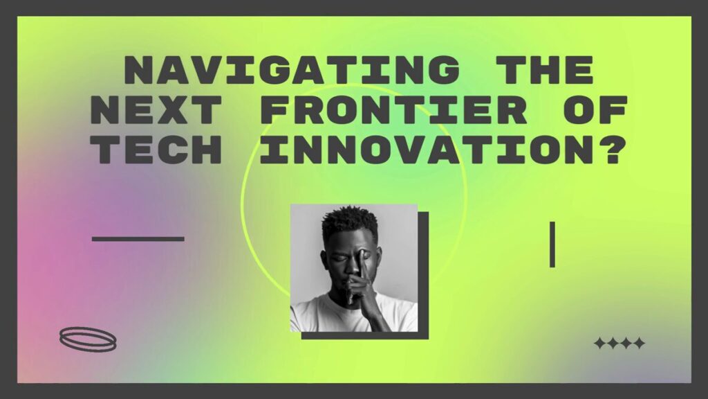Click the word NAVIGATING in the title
click(292, 70)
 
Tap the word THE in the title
click(544, 70)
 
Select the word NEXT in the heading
click(156, 110)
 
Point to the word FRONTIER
click(393, 110)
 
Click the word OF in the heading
click(595, 110)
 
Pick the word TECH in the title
click(156, 149)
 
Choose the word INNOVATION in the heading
click(426, 149)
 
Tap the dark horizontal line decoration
click(138, 239)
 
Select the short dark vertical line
click(552, 245)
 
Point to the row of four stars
click(619, 344)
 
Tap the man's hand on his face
click(361, 281)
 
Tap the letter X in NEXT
click(173, 110)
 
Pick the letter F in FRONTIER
click(275, 110)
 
